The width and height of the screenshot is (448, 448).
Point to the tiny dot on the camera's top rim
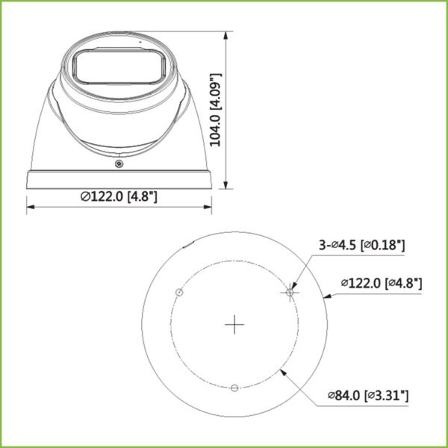[x=139, y=43]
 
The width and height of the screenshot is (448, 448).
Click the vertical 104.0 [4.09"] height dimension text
[x=215, y=111]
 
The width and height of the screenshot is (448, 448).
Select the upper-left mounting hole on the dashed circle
[x=178, y=291]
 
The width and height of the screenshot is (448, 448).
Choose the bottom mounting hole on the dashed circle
[x=234, y=387]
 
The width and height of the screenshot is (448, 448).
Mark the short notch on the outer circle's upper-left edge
[x=189, y=244]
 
